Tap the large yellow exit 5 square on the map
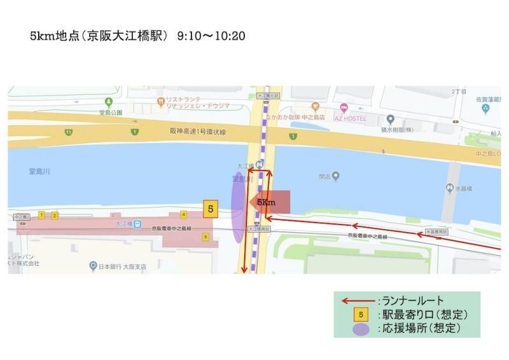[x=211, y=209]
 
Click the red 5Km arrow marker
[x=270, y=202]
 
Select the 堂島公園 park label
[x=110, y=113]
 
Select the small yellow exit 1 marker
[x=42, y=215]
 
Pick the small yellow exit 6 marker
[x=205, y=237]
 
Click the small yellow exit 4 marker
[x=183, y=214]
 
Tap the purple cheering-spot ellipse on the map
[x=238, y=209]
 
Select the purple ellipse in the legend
[x=361, y=329]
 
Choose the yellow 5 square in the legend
[x=361, y=315]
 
